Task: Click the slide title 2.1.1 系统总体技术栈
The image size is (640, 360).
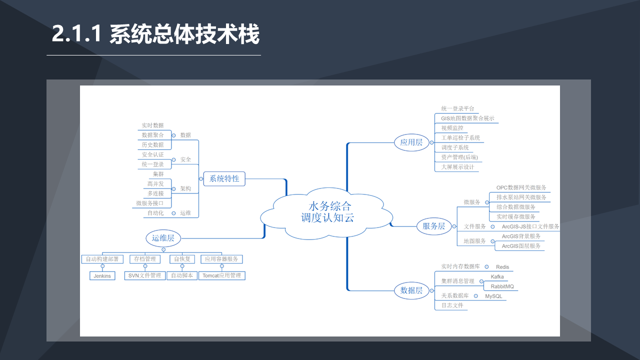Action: pos(155,34)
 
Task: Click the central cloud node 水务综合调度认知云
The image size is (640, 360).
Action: pos(326,213)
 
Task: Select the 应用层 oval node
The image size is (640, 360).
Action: pos(411,142)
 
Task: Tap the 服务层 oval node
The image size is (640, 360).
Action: pos(433,226)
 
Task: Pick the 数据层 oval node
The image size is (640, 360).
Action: pos(411,290)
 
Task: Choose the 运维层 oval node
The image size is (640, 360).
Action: pos(163,238)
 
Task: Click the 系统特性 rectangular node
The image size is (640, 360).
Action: pos(224,179)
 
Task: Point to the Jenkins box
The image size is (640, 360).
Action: pos(102,276)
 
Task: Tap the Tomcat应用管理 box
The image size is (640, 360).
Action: pos(222,275)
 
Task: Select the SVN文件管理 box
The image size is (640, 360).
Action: pos(145,275)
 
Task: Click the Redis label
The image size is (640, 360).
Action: pos(502,267)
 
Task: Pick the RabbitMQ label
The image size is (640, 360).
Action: pos(502,286)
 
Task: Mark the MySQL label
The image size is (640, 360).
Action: pos(493,296)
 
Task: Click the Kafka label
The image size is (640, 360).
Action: pos(497,277)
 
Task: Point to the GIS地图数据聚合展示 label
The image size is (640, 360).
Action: pos(467,118)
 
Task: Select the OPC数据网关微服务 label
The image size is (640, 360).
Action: pos(521,187)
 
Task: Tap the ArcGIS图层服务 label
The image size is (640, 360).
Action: pos(521,246)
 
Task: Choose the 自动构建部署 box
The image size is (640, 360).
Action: pos(102,259)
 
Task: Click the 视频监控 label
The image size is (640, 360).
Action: pos(452,128)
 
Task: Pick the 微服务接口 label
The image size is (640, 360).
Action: pos(149,203)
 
